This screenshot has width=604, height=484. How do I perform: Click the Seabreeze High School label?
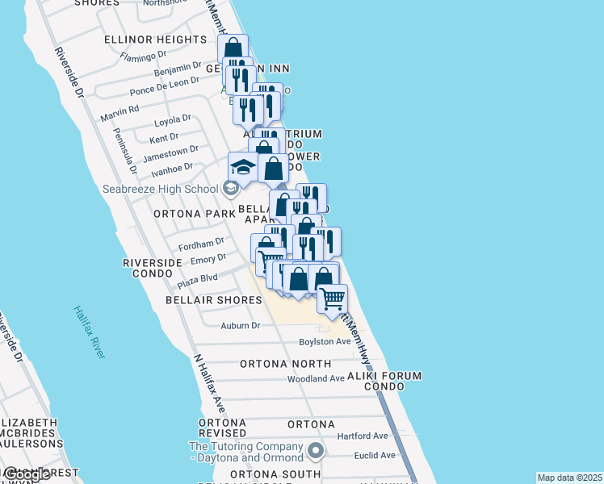point(161,189)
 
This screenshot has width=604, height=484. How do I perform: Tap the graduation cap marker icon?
point(243,167)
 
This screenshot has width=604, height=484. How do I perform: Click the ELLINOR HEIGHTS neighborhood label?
point(156,40)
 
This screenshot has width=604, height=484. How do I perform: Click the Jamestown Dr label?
point(170,152)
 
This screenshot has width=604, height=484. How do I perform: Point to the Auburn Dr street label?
point(241,326)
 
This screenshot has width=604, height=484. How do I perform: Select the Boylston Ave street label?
point(325,341)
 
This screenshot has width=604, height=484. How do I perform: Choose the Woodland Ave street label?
point(317,378)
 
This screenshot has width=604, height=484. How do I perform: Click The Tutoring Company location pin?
point(316,450)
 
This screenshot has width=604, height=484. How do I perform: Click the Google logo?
point(27,475)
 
